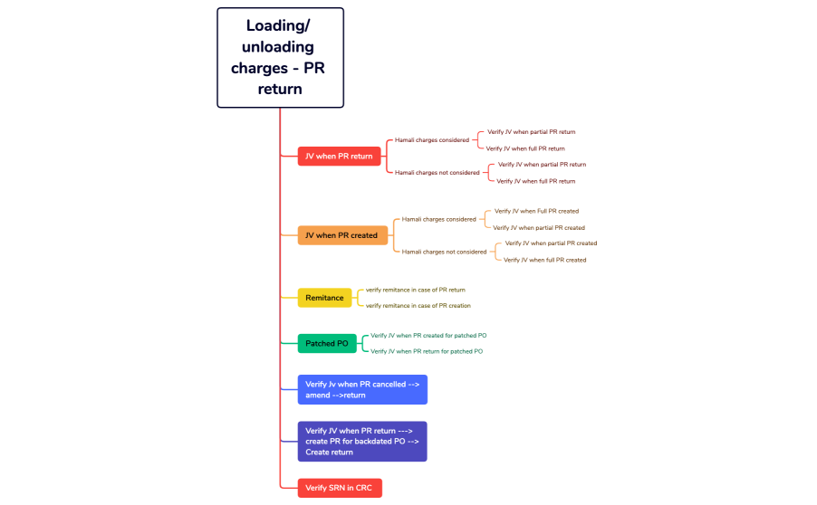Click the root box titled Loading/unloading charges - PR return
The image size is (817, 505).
click(280, 58)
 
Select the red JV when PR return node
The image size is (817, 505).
click(339, 157)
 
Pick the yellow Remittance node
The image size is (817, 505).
click(324, 298)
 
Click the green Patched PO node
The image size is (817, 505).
click(326, 344)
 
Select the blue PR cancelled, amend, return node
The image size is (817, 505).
click(362, 390)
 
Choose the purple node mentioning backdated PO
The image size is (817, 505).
click(362, 442)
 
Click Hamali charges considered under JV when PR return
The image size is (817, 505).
click(432, 140)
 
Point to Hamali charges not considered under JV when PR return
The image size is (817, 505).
click(437, 172)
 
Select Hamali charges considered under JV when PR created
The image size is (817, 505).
click(439, 219)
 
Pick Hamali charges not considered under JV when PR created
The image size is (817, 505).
click(445, 252)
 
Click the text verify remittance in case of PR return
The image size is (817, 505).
click(416, 290)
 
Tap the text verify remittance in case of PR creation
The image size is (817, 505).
click(418, 306)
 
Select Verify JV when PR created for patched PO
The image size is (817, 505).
click(428, 336)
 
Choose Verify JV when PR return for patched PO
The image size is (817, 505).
click(427, 351)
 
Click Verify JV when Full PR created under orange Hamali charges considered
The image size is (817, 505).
click(536, 211)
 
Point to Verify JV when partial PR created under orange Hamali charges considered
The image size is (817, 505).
click(539, 227)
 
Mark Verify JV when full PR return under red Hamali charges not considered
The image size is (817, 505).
click(536, 181)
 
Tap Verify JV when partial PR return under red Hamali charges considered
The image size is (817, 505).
click(531, 132)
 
